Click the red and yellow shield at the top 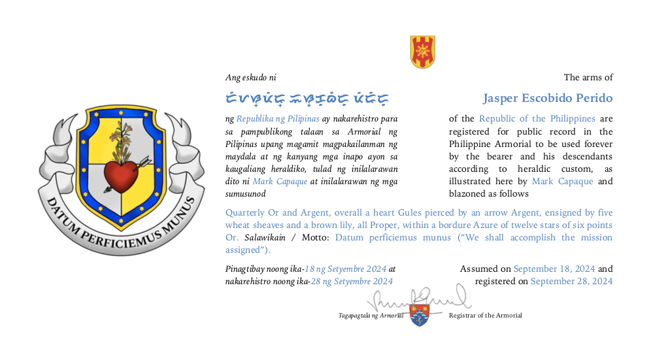pos(422,52)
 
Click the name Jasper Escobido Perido pos(548,99)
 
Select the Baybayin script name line pos(307,99)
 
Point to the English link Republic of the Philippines pos(537,119)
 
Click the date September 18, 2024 pos(554,269)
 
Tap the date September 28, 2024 pos(571,282)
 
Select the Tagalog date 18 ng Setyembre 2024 pos(346,269)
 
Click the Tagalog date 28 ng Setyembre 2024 pos(351,282)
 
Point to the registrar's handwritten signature pos(418,300)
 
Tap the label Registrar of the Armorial pos(485,316)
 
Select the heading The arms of pos(588,78)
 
